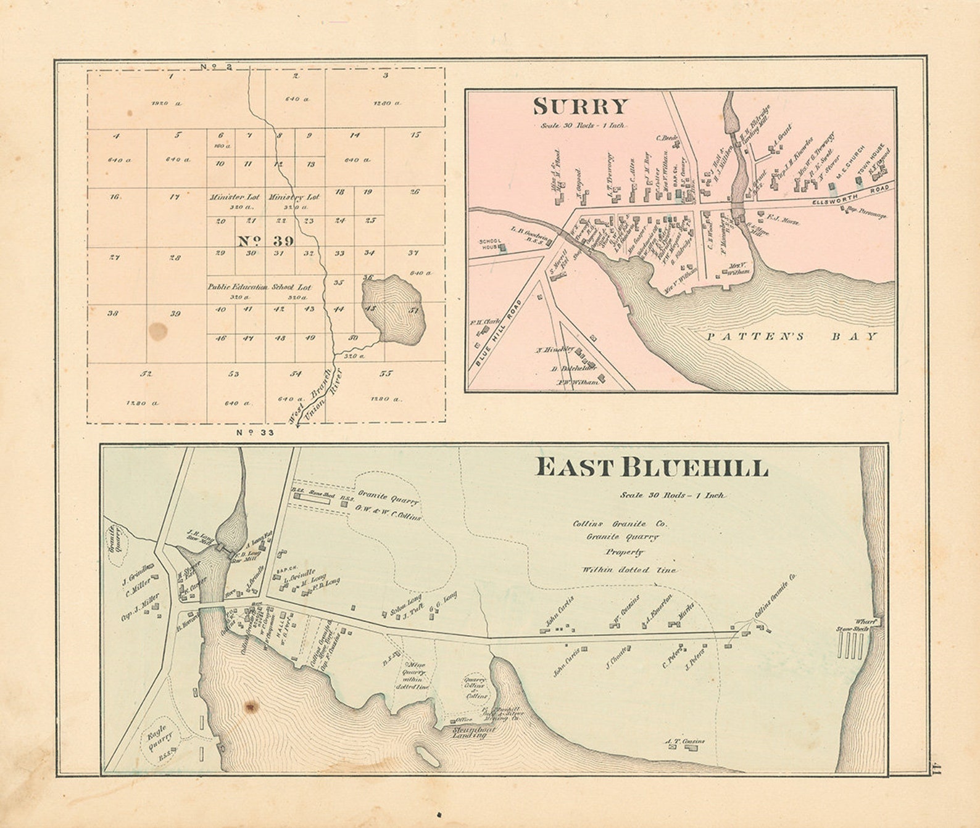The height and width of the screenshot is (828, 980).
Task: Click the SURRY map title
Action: (580, 107)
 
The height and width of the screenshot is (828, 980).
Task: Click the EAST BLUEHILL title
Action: (651, 468)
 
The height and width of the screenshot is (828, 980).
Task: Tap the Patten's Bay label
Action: (792, 337)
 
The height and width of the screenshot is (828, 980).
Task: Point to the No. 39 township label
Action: (266, 240)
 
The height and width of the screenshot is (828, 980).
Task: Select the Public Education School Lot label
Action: (259, 287)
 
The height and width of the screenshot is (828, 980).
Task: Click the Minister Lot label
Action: (234, 197)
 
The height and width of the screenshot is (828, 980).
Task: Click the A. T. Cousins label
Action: (684, 741)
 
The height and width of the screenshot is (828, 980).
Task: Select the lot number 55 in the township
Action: (386, 374)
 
